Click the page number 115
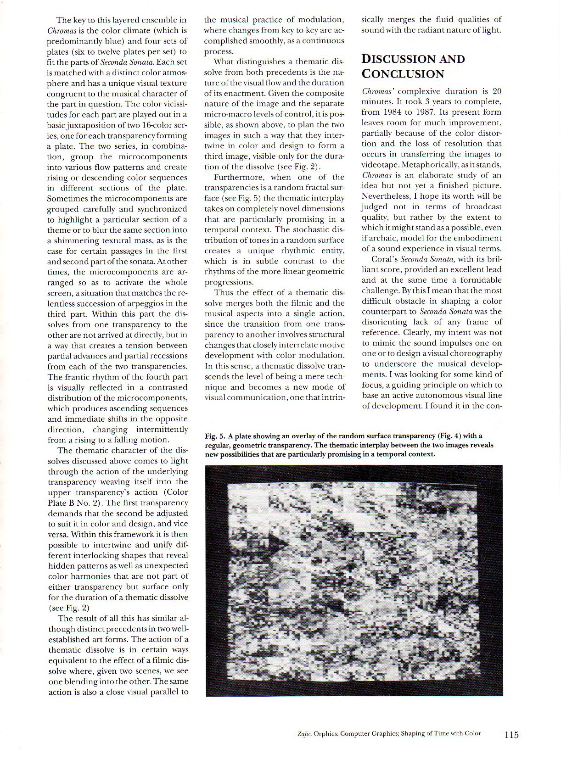click(x=511, y=735)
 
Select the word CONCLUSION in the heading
click(x=403, y=74)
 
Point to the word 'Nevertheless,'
click(x=384, y=196)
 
